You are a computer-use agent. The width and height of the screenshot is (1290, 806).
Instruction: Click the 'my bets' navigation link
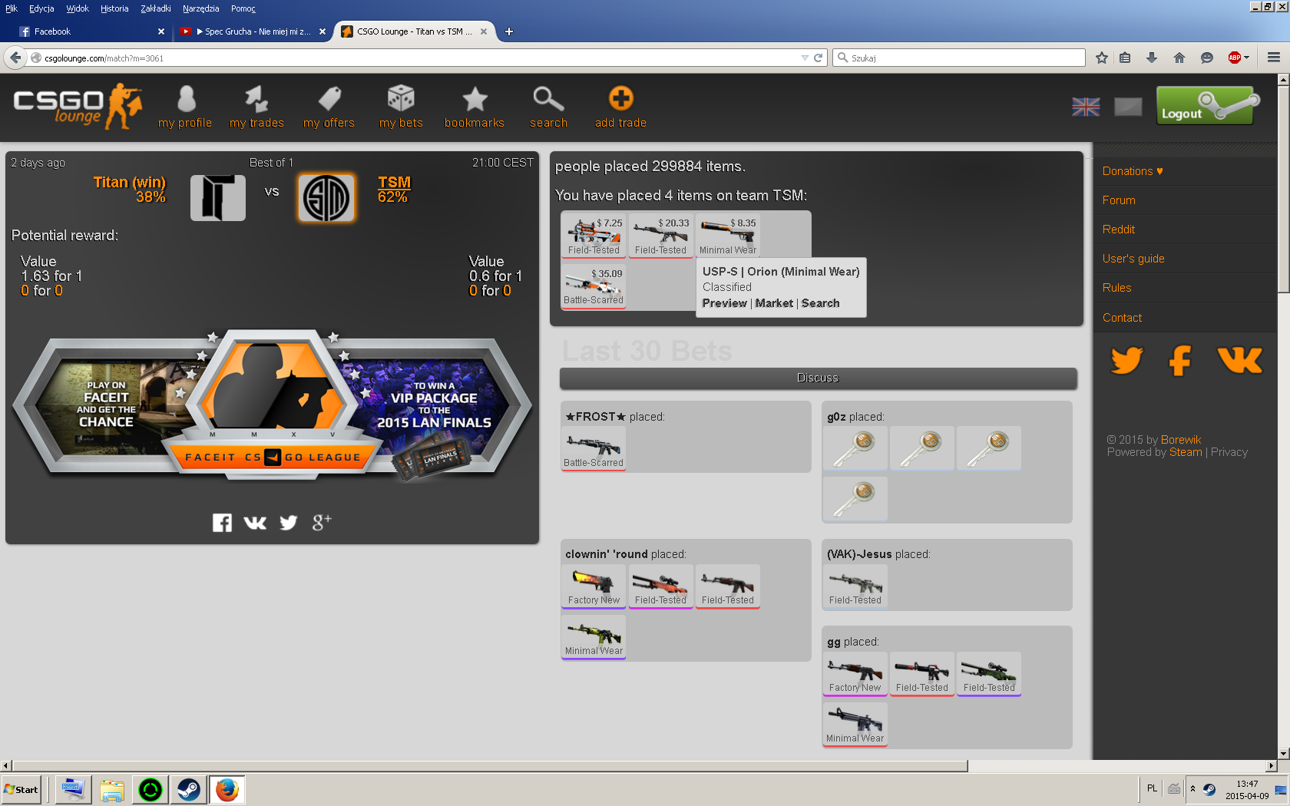[x=401, y=107]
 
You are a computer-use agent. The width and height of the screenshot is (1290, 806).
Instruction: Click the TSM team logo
[x=326, y=198]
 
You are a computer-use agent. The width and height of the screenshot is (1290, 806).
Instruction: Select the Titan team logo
[x=218, y=198]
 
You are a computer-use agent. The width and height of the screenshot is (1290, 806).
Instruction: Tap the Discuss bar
[x=818, y=378]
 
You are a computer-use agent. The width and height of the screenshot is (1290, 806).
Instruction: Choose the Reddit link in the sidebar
[x=1118, y=230]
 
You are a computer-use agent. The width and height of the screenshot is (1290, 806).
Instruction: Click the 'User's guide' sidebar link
[x=1133, y=259]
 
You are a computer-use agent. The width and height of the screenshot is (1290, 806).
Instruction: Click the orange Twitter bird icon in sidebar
[x=1126, y=360]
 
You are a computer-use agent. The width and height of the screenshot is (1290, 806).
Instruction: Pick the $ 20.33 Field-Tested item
[x=660, y=235]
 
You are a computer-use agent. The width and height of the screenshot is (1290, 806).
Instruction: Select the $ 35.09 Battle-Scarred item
[x=594, y=286]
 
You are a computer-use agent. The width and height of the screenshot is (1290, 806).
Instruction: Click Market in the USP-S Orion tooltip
[x=774, y=303]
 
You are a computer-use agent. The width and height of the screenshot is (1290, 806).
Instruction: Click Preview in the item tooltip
[x=724, y=303]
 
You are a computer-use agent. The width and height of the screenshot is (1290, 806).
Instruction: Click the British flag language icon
[x=1086, y=107]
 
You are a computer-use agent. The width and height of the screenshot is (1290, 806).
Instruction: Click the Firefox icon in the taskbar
[x=227, y=789]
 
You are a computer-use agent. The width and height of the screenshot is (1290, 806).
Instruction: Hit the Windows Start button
[x=21, y=789]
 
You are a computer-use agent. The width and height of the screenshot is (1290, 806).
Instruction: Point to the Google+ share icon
[x=322, y=523]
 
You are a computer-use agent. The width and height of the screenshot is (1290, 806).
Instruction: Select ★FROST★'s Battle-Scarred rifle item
[x=594, y=448]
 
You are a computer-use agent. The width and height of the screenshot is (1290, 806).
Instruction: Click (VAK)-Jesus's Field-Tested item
[x=855, y=586]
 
